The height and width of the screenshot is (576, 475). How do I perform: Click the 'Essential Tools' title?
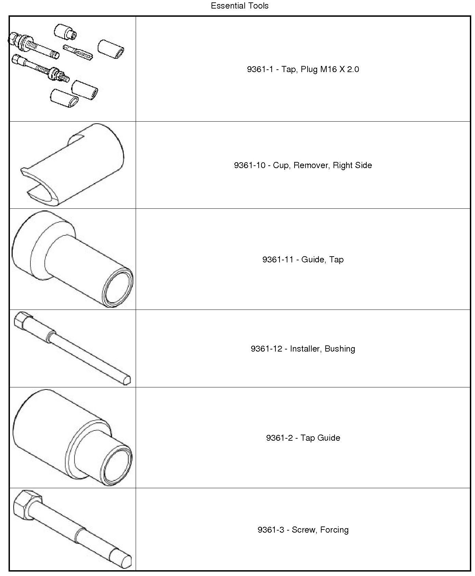240,6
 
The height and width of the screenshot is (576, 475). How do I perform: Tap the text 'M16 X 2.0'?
339,69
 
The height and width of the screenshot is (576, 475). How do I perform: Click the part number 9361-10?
249,165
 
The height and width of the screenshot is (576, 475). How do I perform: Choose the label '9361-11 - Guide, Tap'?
303,260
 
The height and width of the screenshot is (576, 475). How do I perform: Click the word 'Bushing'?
340,349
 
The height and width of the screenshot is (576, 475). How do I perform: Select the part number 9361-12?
267,349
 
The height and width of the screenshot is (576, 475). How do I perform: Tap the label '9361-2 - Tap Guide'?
303,438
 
